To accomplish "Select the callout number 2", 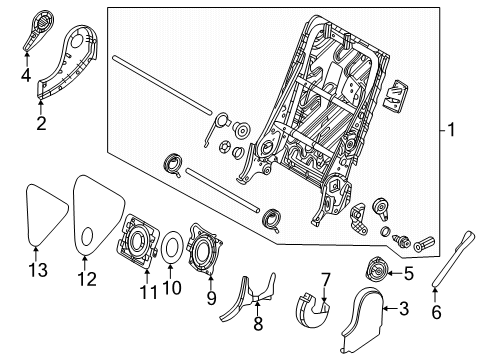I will point(41,123).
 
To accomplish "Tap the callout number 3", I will point(403,311).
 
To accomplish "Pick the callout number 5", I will point(408,273).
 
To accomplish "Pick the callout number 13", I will point(37,270).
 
